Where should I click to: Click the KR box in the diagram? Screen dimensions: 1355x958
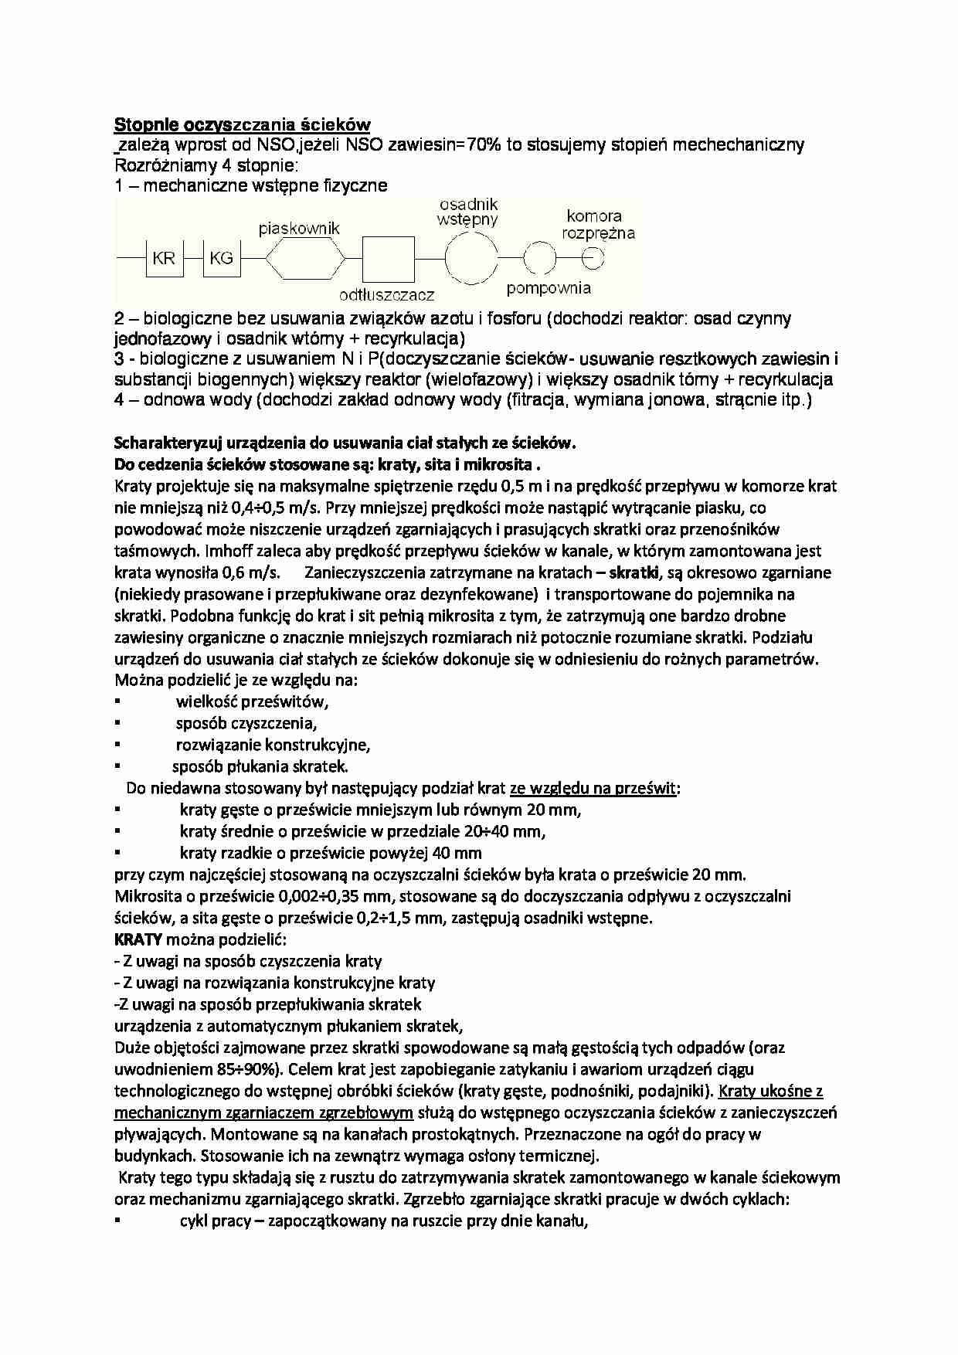tap(164, 258)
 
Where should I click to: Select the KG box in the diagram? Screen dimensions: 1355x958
tap(222, 258)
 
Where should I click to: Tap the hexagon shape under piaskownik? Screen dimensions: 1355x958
tap(305, 258)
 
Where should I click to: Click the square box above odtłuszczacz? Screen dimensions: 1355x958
tap(389, 258)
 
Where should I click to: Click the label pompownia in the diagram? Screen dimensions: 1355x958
tap(549, 288)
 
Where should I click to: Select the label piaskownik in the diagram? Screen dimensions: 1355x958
tap(299, 229)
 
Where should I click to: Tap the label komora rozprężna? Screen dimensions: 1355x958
tap(598, 224)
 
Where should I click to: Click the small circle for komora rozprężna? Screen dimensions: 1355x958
tap(593, 258)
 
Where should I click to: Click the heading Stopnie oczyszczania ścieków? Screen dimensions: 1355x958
tap(243, 124)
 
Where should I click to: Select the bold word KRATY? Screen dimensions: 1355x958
tap(138, 940)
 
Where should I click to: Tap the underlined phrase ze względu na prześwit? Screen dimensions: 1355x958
tap(594, 789)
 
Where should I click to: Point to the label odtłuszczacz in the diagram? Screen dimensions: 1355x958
tap(387, 294)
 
